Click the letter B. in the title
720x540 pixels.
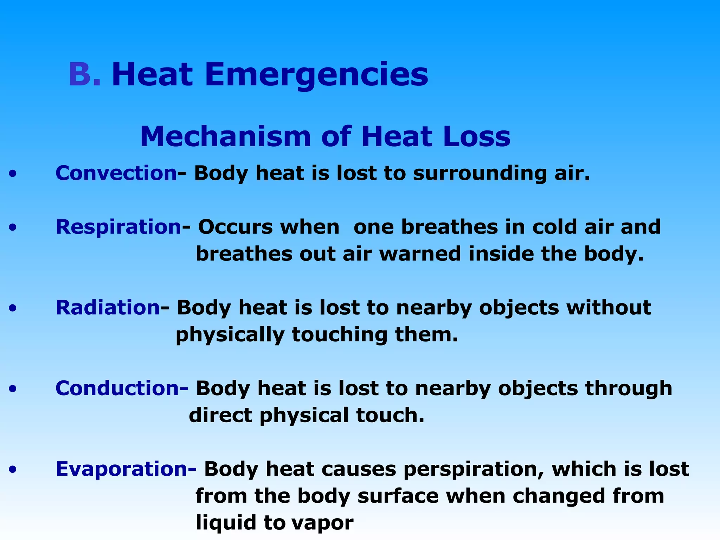click(x=84, y=74)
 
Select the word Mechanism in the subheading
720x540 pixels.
click(x=225, y=136)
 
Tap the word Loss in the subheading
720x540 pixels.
click(x=476, y=136)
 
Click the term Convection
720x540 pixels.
click(x=116, y=173)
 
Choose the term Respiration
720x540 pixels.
click(x=119, y=227)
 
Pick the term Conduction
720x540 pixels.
click(x=117, y=388)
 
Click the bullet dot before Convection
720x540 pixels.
click(x=13, y=174)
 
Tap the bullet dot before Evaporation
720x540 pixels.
click(x=13, y=469)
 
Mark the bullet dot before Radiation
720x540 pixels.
click(x=13, y=308)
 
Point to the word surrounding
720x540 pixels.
click(x=480, y=174)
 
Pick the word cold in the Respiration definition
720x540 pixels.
click(x=554, y=227)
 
